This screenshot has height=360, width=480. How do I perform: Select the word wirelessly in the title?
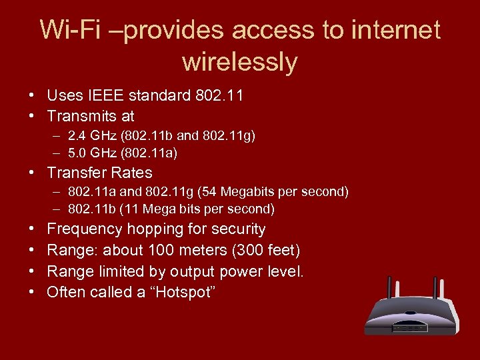239,62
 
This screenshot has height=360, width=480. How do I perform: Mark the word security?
239,229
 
